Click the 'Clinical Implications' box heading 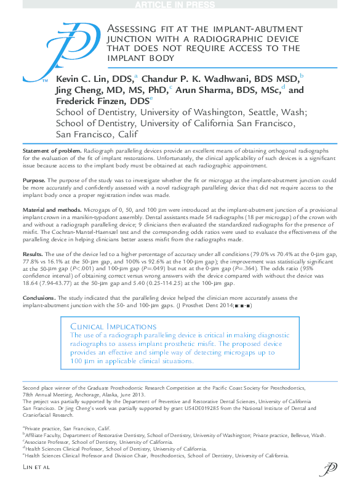coord(110,326)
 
